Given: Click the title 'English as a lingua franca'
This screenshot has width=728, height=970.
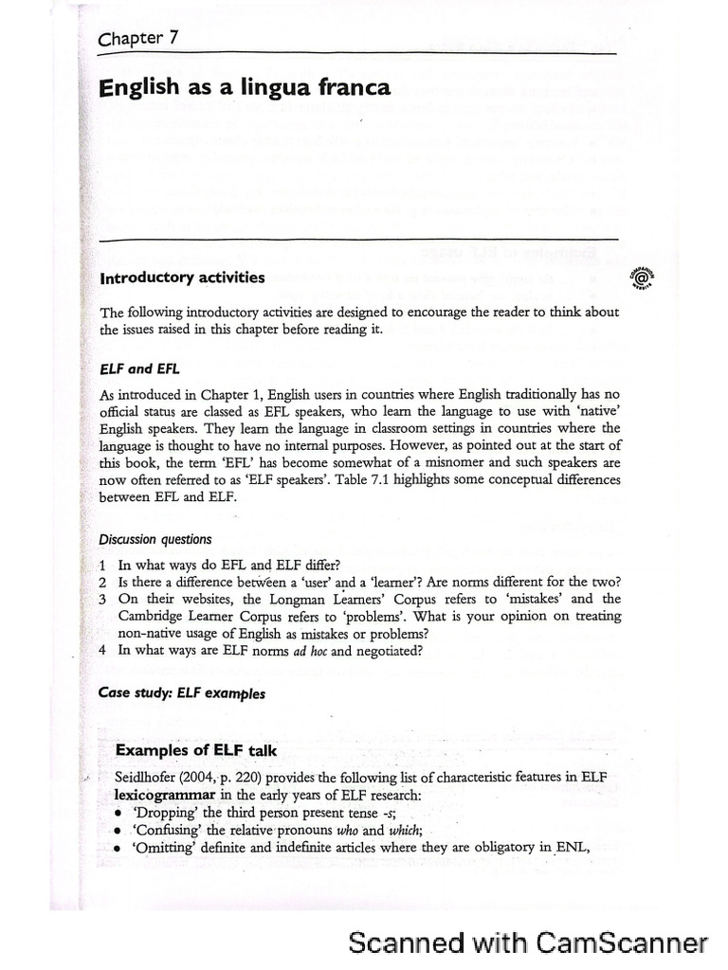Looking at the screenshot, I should click(x=245, y=89).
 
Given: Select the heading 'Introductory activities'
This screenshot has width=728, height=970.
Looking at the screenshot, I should click(x=183, y=278).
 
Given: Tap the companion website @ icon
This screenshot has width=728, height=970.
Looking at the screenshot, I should click(x=639, y=277).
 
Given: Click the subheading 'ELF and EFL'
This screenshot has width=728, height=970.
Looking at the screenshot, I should click(x=126, y=369).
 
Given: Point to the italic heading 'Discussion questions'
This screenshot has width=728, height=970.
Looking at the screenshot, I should click(x=155, y=539).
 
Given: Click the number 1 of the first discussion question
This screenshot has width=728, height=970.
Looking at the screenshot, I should click(x=103, y=565).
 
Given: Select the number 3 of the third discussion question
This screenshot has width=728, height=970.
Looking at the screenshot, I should click(x=103, y=599).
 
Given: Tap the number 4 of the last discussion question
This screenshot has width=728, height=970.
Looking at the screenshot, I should click(x=103, y=650).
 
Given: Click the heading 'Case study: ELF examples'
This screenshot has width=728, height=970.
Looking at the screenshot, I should click(x=182, y=692).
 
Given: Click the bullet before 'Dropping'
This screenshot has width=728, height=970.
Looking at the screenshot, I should click(x=117, y=813).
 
